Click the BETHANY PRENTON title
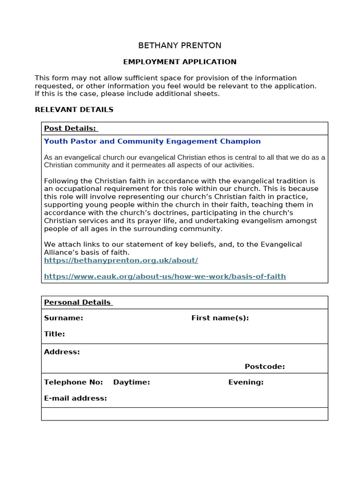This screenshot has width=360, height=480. (x=180, y=45)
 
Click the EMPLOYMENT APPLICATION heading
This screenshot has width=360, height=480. (x=180, y=62)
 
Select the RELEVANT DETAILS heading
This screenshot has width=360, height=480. (x=74, y=110)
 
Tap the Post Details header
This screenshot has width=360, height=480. (x=70, y=128)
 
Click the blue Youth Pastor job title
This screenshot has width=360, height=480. (x=152, y=141)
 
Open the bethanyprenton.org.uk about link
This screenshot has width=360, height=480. (x=121, y=260)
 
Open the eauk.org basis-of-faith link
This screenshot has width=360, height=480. (x=165, y=276)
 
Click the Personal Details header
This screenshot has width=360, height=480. (x=78, y=302)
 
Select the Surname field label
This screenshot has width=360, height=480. (x=63, y=318)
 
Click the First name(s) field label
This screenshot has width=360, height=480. (x=220, y=318)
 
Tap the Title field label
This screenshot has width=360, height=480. (x=54, y=334)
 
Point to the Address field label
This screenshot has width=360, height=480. (x=62, y=352)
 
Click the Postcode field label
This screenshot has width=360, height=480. (x=264, y=366)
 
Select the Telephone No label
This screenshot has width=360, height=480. (x=73, y=382)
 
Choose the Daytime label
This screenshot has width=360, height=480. (x=131, y=382)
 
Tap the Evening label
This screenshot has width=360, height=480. (x=246, y=382)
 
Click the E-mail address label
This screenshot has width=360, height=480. (x=75, y=398)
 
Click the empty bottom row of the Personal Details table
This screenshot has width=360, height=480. (x=184, y=414)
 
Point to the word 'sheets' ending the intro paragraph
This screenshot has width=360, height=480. (x=207, y=94)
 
